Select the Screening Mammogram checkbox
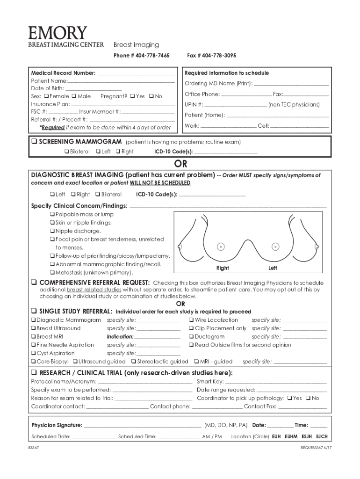34,142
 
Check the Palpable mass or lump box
52,214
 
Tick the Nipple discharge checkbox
52,231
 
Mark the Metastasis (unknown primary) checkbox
52,272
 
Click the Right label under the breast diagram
223,268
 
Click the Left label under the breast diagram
273,268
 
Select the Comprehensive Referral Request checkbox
34,283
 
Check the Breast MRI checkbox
34,336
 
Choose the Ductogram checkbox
192,336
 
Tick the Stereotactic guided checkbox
134,362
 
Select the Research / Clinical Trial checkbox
34,373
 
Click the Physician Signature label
57,425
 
